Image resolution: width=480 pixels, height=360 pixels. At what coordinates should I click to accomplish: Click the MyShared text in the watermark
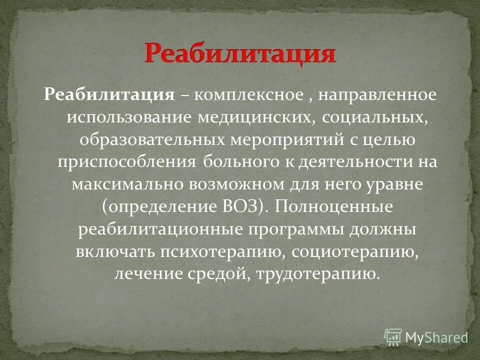[x=436, y=337]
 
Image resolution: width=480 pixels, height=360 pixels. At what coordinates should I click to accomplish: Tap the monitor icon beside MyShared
[x=393, y=336]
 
